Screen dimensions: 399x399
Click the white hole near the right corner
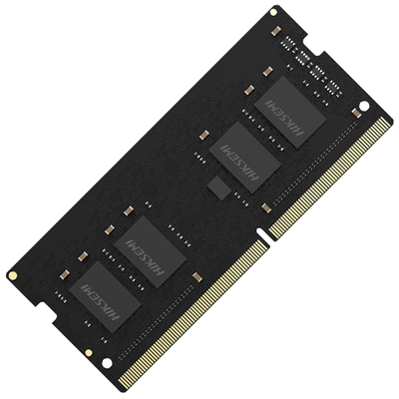[x=363, y=106]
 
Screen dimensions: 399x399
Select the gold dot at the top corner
[x=272, y=12]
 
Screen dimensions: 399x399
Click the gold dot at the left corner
[x=11, y=275]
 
